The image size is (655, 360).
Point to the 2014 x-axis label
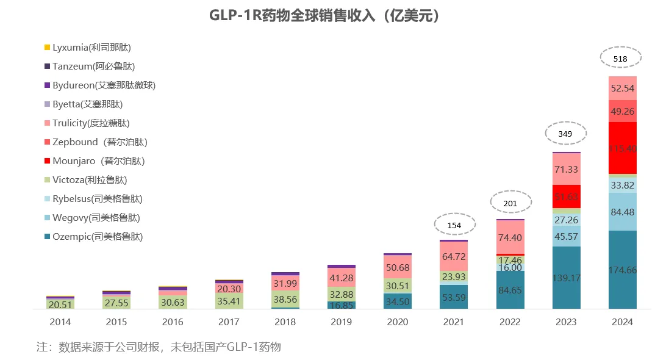coord(60,322)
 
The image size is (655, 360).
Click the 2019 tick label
coord(341,322)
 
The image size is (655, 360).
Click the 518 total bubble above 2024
coord(621,59)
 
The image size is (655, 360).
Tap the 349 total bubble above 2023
coord(565,133)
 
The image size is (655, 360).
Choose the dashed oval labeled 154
coord(454,225)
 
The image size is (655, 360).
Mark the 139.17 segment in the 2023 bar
coord(566,278)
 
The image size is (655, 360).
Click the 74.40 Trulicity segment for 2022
coord(509,237)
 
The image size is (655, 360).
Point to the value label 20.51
coord(60,304)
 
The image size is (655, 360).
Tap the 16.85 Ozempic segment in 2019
coord(341,305)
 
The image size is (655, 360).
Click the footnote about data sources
coord(159,347)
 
